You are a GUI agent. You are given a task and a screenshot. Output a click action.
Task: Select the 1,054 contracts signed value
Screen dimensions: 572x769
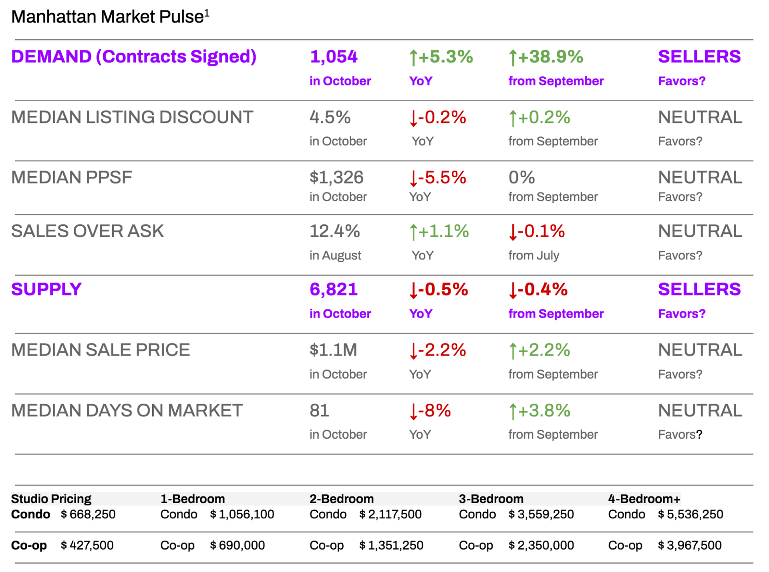coord(333,56)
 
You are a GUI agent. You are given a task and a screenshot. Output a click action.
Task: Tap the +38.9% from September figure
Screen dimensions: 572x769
coord(546,57)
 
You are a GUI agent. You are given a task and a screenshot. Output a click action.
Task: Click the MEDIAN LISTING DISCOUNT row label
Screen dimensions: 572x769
coord(132,117)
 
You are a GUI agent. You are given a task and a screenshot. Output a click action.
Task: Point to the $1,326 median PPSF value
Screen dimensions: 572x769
coord(336,177)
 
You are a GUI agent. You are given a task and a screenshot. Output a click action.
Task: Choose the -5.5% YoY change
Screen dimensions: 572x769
coord(437,177)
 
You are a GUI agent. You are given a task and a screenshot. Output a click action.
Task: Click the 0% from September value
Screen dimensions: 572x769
coord(521,177)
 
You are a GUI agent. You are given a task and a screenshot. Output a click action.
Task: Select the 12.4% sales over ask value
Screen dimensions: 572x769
coord(334,231)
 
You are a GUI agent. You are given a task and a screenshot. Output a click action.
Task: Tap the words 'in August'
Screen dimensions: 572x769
coord(335,255)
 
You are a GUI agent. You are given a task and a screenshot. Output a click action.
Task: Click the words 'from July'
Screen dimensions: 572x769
coord(533,255)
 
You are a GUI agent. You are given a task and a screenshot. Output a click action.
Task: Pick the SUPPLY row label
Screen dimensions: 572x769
coord(46,289)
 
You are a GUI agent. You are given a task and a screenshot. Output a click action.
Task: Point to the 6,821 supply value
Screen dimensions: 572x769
coord(333,289)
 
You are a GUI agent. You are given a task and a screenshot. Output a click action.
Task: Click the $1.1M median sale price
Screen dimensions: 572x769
coord(333,350)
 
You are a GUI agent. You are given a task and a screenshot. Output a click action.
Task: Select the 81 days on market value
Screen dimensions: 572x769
coord(319,410)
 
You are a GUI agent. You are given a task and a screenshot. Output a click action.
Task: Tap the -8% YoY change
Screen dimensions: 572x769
coord(430,410)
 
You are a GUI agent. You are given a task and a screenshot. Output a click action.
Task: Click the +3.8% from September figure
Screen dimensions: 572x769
coord(539,410)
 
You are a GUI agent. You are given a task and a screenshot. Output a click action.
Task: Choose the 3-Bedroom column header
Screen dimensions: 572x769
coord(491,499)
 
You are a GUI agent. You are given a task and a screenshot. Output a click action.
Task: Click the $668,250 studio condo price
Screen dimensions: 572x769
coord(88,514)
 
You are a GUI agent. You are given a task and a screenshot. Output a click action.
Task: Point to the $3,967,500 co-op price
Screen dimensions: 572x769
coord(690,545)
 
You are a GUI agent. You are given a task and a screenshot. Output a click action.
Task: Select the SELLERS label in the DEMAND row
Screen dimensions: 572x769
coord(699,56)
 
